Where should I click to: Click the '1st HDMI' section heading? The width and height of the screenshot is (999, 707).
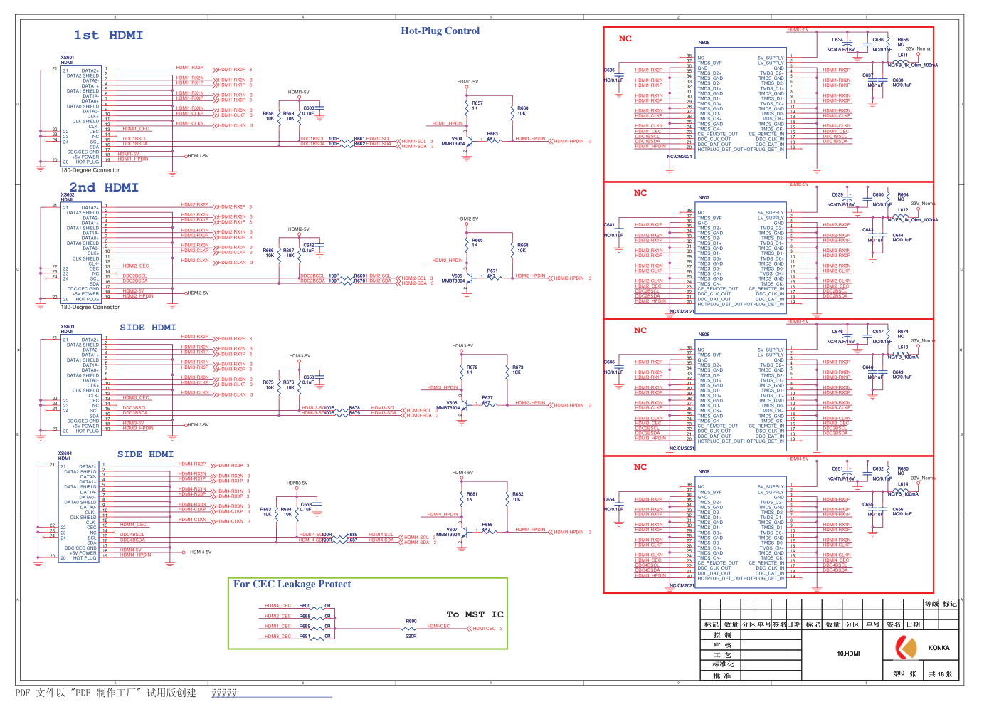[108, 36]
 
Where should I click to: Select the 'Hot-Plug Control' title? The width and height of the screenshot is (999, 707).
[440, 31]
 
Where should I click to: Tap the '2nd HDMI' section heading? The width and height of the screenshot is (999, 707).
[104, 188]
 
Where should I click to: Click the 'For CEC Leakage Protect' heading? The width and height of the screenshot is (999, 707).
[292, 585]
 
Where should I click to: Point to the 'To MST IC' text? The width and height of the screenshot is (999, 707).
[475, 614]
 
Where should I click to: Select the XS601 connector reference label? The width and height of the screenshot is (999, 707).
[68, 58]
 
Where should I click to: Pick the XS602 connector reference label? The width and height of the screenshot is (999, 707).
[68, 194]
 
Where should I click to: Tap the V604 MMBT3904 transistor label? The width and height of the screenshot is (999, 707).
[454, 141]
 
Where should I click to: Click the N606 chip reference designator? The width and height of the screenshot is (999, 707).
[704, 43]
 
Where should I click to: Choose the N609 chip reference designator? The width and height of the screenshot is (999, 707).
[704, 471]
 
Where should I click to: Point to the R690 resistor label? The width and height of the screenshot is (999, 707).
[411, 622]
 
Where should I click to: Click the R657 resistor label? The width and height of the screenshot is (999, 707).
[477, 103]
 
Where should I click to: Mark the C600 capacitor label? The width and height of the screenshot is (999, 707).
[309, 108]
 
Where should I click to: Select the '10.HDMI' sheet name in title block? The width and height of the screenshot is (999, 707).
[848, 654]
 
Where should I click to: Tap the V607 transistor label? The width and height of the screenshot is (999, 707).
[452, 530]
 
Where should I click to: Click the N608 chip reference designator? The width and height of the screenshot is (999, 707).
[704, 335]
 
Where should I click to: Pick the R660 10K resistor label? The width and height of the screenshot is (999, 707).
[522, 110]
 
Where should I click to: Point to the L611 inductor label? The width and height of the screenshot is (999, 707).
[902, 55]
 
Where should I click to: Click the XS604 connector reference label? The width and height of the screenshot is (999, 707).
[65, 454]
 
